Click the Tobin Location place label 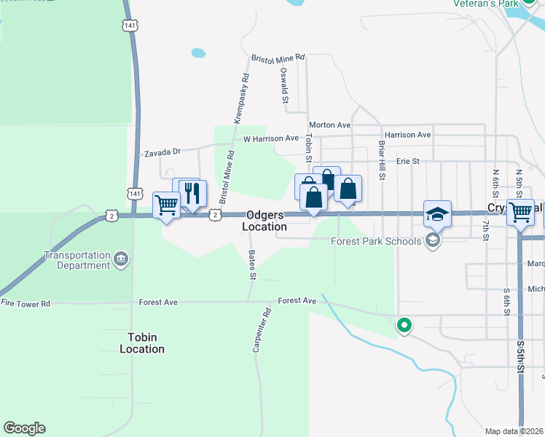142,343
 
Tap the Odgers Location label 266,221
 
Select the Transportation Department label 76,261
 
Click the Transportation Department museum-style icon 122,258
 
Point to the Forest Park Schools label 376,241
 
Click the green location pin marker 404,326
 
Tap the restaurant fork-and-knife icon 193,194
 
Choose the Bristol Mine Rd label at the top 278,57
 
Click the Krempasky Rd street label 241,97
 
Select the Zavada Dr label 162,152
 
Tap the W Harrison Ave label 271,138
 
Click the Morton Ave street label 329,125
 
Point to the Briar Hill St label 381,160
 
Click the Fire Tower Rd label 26,303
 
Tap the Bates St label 252,265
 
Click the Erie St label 408,161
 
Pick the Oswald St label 284,85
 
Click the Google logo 24,428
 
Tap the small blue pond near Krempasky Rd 198,53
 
